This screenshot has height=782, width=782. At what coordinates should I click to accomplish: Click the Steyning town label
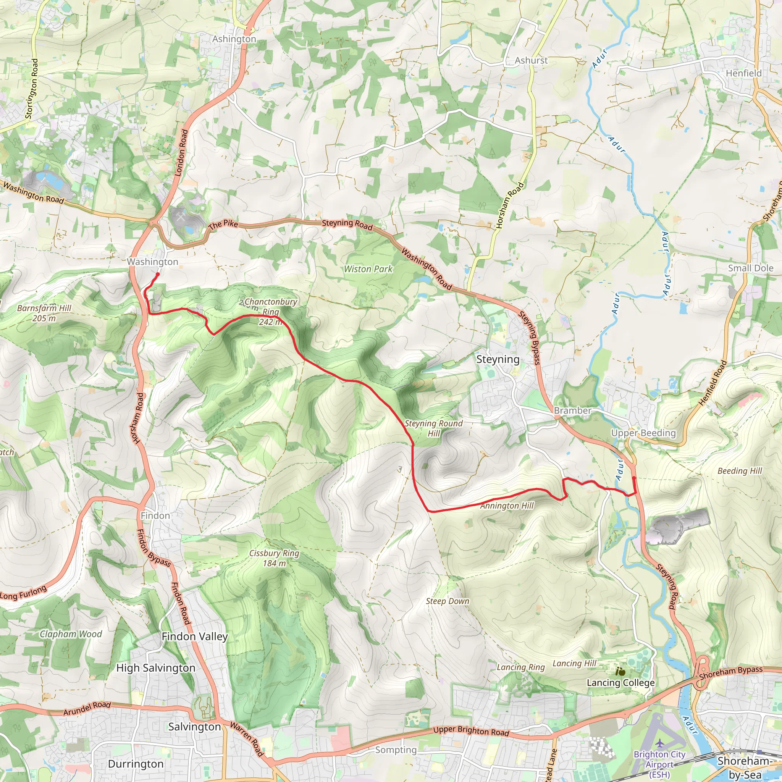pos(498,359)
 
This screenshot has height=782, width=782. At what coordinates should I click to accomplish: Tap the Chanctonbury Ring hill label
pos(270,307)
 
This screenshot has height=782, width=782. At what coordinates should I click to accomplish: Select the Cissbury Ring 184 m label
pos(274,558)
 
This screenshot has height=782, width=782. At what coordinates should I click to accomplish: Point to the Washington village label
pos(153,262)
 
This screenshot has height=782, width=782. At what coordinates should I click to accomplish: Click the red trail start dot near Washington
pos(157,275)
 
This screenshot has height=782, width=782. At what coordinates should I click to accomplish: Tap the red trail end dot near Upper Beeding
pos(634,478)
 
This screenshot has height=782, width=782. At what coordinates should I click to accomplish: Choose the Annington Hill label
pos(507,506)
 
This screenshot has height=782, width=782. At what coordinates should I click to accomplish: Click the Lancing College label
pos(620,683)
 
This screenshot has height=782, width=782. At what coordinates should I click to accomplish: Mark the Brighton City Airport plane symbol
pos(660,743)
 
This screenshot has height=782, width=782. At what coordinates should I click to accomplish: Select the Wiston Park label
pos(368,269)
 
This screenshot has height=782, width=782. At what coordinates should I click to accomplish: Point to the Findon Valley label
pos(195,637)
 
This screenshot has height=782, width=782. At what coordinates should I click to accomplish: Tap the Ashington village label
pos(234,39)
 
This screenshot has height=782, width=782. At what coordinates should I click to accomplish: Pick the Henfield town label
pos(743,73)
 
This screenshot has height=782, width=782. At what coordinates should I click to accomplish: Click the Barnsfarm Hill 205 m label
pos(44,313)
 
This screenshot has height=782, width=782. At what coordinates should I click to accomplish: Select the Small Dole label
pos(750,268)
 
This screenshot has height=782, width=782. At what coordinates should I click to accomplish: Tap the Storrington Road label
pos(32,89)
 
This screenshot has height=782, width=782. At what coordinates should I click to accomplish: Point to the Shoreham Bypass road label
pos(730,673)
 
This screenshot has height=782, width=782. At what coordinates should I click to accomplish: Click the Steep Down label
pos(447,601)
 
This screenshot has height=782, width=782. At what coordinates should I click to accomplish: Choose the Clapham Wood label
pos(71,634)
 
